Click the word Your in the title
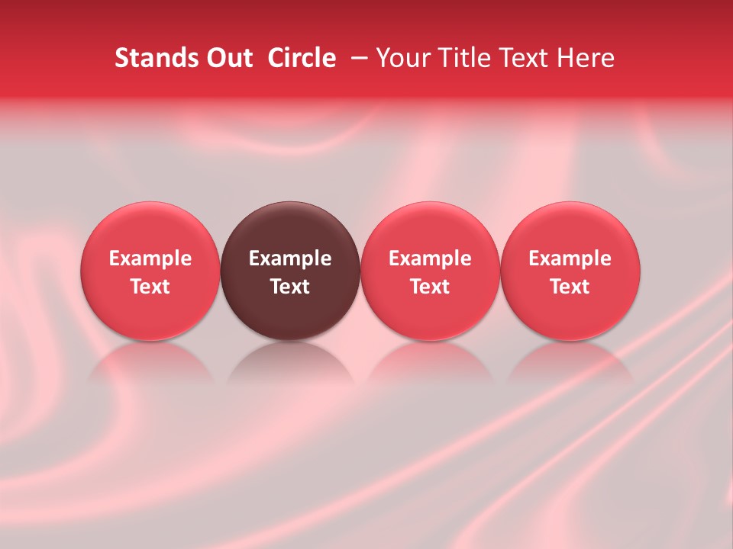[401, 58]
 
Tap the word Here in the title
[588, 58]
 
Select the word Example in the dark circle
[290, 258]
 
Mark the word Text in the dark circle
[290, 287]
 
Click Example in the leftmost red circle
[150, 258]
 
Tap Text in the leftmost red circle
[150, 287]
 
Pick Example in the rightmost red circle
[570, 258]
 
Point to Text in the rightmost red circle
[570, 287]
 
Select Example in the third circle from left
[430, 258]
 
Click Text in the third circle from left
[430, 287]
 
